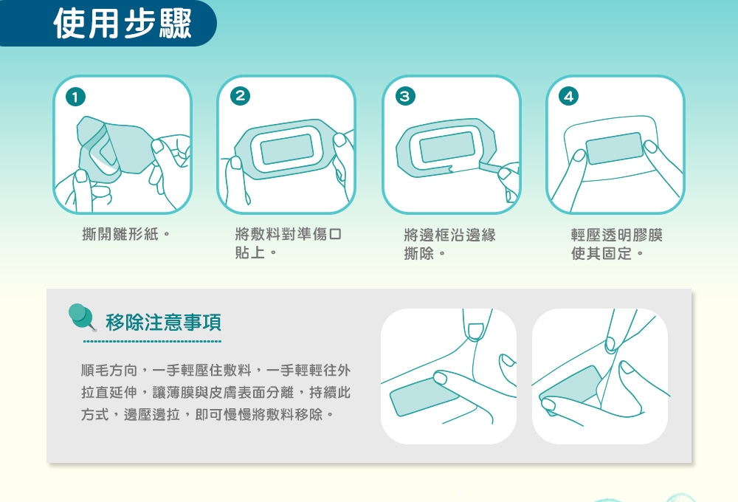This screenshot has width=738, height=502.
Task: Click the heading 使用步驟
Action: coord(123,23)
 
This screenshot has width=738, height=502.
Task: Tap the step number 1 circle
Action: coord(76,97)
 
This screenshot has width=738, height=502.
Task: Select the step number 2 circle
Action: coord(240,96)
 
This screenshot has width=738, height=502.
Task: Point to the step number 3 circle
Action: coord(404,97)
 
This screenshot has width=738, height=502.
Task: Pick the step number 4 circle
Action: coord(568,97)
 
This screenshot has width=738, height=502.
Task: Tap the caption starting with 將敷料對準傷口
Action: coord(288,243)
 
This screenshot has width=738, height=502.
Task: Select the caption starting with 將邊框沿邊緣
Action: coord(449,244)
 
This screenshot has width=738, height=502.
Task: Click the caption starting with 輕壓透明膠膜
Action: coord(616,244)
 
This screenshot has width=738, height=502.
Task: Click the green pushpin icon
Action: coord(81,316)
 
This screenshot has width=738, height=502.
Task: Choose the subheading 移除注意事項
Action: coord(163,323)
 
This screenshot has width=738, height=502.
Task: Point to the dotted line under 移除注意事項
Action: coord(152,341)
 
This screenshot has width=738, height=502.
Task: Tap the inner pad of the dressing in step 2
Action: coord(287,148)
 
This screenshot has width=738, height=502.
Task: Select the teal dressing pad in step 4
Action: coord(615,148)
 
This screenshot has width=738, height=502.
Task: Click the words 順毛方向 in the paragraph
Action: coord(109,370)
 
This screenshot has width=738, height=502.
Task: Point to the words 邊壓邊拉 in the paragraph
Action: coord(151,414)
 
